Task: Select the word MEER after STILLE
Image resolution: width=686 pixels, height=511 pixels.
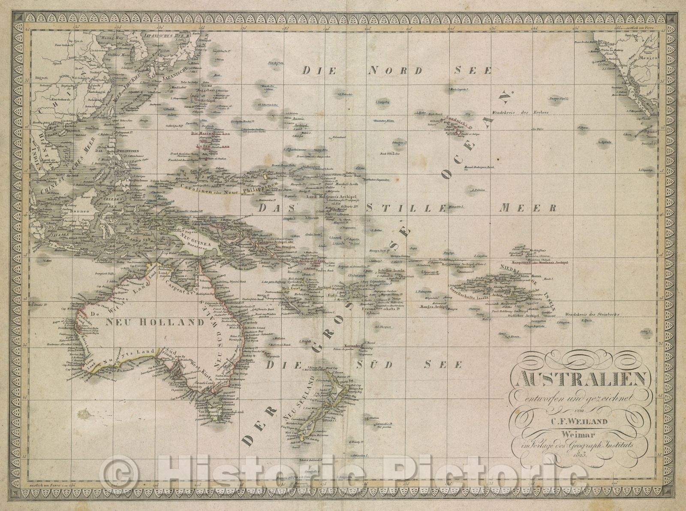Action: click(x=528, y=208)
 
